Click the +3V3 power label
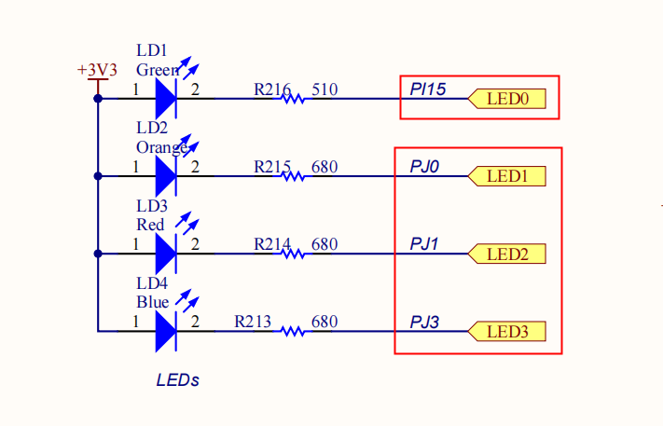97,70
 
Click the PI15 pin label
428,89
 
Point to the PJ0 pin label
424,167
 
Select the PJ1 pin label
424,244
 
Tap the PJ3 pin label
424,323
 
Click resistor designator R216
272,89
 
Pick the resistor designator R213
253,322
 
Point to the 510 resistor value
325,89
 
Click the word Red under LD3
150,225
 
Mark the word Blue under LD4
152,302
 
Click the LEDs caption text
177,380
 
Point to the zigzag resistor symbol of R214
294,253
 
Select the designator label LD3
152,206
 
